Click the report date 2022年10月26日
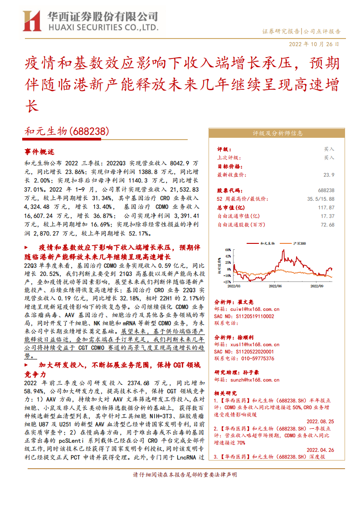click(x=314, y=44)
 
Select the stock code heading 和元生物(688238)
click(x=67, y=132)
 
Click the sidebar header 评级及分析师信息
click(x=278, y=133)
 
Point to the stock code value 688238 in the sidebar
click(x=326, y=190)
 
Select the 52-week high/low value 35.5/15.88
click(x=321, y=199)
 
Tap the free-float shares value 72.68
click(x=327, y=225)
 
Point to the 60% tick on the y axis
click(x=228, y=249)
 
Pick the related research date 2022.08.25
click(x=320, y=421)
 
